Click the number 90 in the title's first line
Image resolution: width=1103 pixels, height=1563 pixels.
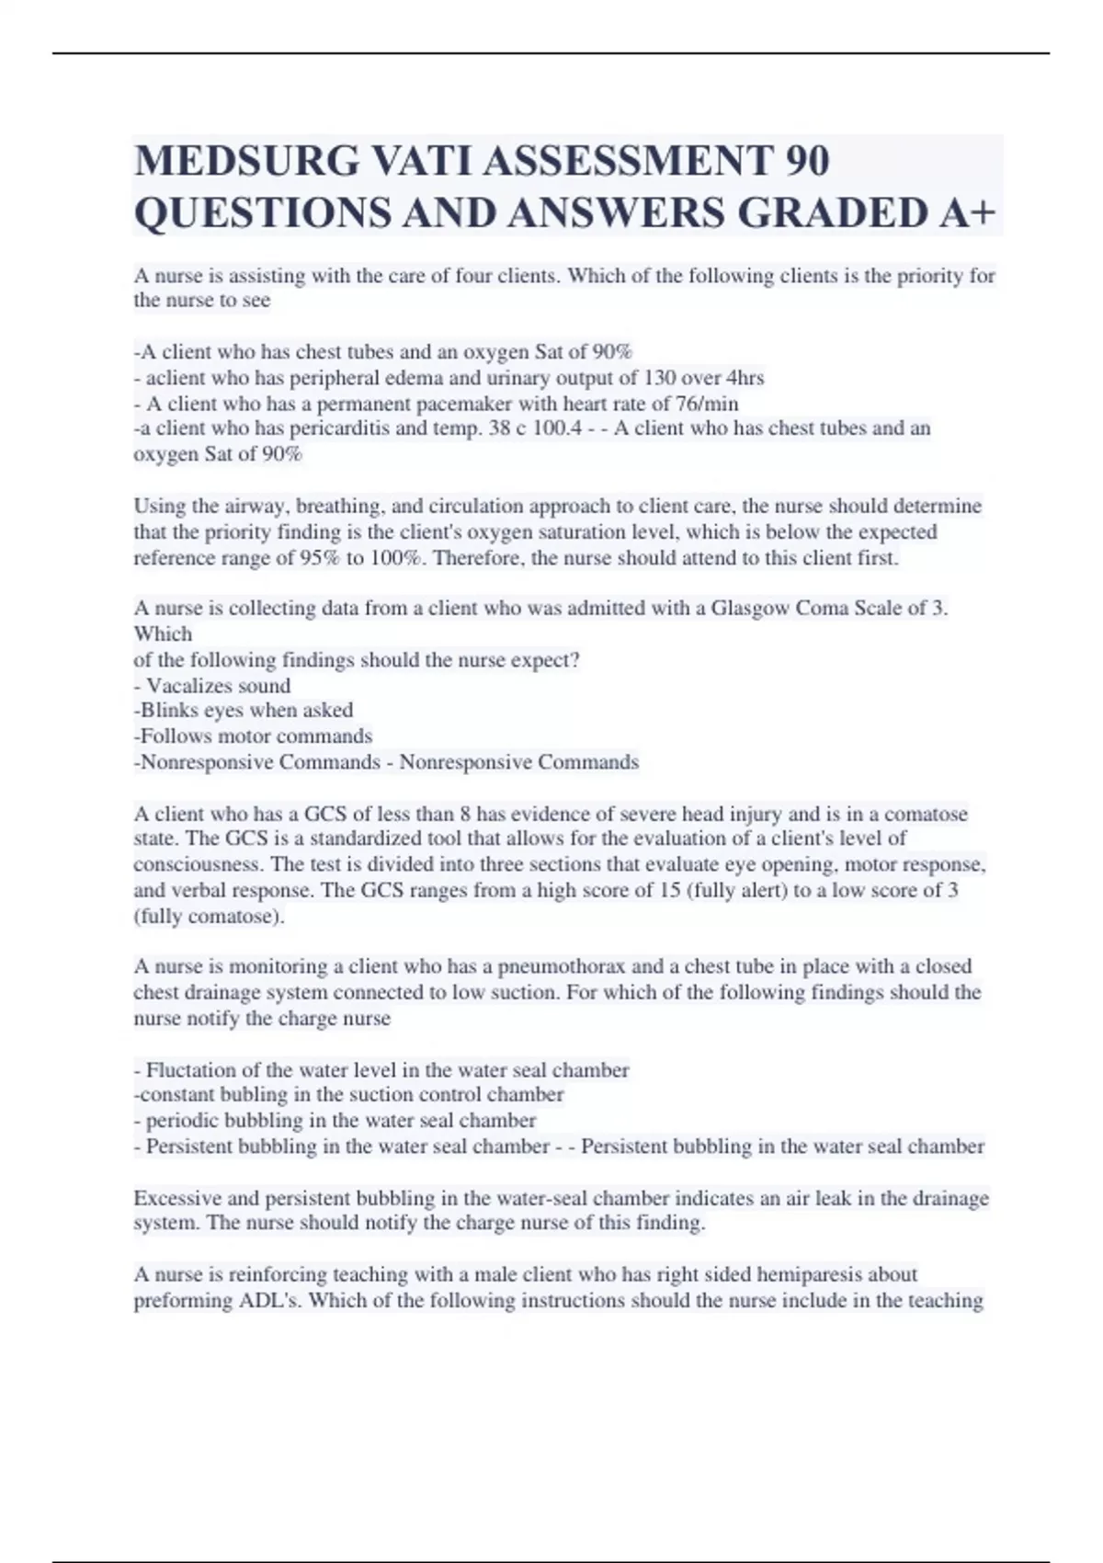coord(808,161)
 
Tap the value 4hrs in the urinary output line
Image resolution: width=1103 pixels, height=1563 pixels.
coord(745,378)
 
